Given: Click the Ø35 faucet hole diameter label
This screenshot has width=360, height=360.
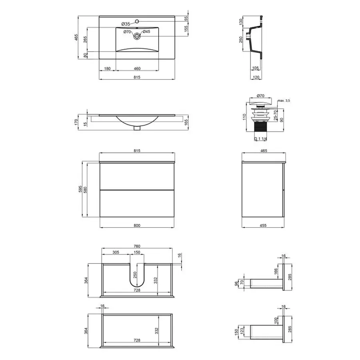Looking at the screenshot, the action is tap(126, 24).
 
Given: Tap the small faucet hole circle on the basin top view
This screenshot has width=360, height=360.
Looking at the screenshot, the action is tap(137, 21).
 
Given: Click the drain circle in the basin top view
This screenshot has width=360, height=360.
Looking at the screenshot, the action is tap(137, 36).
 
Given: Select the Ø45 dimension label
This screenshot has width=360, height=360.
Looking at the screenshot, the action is tap(146, 32).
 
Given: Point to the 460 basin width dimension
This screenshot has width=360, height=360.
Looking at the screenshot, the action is tap(137, 68).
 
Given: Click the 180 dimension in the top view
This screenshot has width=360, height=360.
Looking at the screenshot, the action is tap(107, 68).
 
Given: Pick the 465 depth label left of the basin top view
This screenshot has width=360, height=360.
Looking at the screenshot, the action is tap(76, 38).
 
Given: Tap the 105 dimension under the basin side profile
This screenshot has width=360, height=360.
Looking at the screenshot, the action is tap(255, 68).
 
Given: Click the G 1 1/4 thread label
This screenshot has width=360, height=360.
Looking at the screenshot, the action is tap(260, 139).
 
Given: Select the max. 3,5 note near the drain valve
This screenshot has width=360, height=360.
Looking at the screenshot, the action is tap(284, 100).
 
